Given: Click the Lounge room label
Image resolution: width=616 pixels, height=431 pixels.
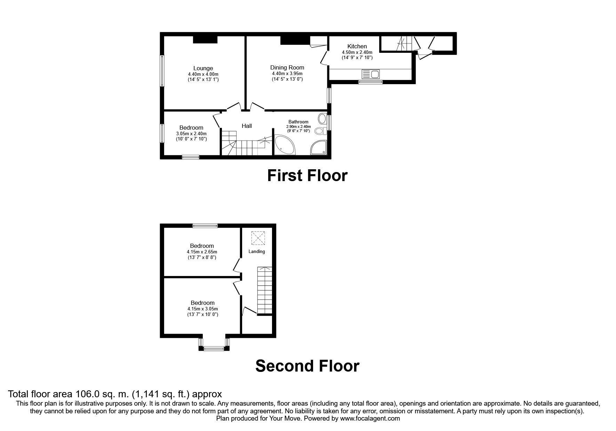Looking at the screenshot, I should pos(203,68).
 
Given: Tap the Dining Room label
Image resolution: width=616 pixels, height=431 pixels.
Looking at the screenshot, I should pos(287,67).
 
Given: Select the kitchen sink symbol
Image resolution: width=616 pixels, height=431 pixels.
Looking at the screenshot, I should pos(371,74).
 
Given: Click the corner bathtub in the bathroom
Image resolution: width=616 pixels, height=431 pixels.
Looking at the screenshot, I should pos(285,146).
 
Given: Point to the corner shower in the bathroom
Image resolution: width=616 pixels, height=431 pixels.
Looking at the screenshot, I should pos(319,147).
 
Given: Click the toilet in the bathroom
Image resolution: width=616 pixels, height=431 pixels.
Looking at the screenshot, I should pos(320,131).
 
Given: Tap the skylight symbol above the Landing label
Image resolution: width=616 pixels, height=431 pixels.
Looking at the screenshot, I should pos(257,238).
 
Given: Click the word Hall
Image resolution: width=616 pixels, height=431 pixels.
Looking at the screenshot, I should pos(247,126).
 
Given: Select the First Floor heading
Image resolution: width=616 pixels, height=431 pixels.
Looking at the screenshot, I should pos(307,176).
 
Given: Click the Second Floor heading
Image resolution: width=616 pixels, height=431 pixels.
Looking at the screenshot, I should pos(307,366).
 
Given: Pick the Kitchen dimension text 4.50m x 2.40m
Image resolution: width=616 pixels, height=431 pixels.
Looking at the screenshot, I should pos(357,52).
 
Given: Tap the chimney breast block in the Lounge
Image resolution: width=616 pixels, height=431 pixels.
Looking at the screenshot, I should pos(205,40).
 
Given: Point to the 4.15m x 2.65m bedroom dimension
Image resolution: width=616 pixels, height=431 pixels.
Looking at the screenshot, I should pos(202,252).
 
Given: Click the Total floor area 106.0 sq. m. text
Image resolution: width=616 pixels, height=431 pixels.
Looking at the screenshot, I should pos(115,394).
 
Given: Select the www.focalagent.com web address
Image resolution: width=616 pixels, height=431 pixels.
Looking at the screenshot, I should pos(370,418).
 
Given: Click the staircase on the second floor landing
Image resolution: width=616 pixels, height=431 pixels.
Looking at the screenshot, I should pos(264,290).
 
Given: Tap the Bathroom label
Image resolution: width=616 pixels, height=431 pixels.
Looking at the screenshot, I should pos(298,122).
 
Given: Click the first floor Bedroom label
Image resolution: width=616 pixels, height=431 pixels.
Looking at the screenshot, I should pos(191,128).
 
